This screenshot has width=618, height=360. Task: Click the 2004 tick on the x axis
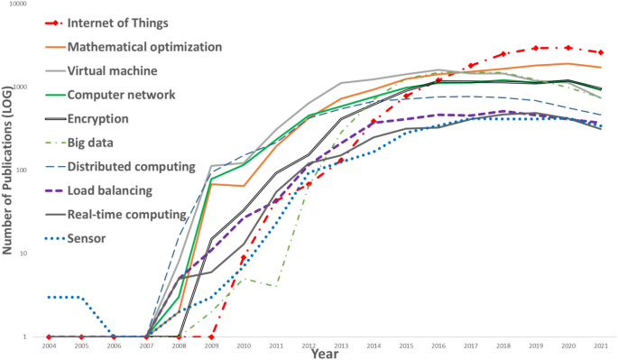coord(49,345)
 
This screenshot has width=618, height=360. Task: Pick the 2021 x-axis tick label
coord(601,345)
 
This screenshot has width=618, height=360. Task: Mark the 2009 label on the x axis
coord(211,345)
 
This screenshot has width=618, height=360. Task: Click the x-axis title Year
coord(325,354)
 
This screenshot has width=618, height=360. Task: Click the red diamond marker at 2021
coord(601,52)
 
